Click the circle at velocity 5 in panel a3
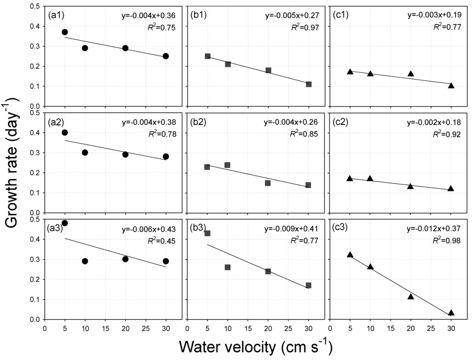65,223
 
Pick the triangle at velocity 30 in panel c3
451,313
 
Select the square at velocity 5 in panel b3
207,233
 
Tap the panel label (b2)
199,123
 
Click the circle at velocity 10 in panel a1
85,48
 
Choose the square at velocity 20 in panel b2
268,183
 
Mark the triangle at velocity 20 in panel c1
411,74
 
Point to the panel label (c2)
342,123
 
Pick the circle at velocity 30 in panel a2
166,157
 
